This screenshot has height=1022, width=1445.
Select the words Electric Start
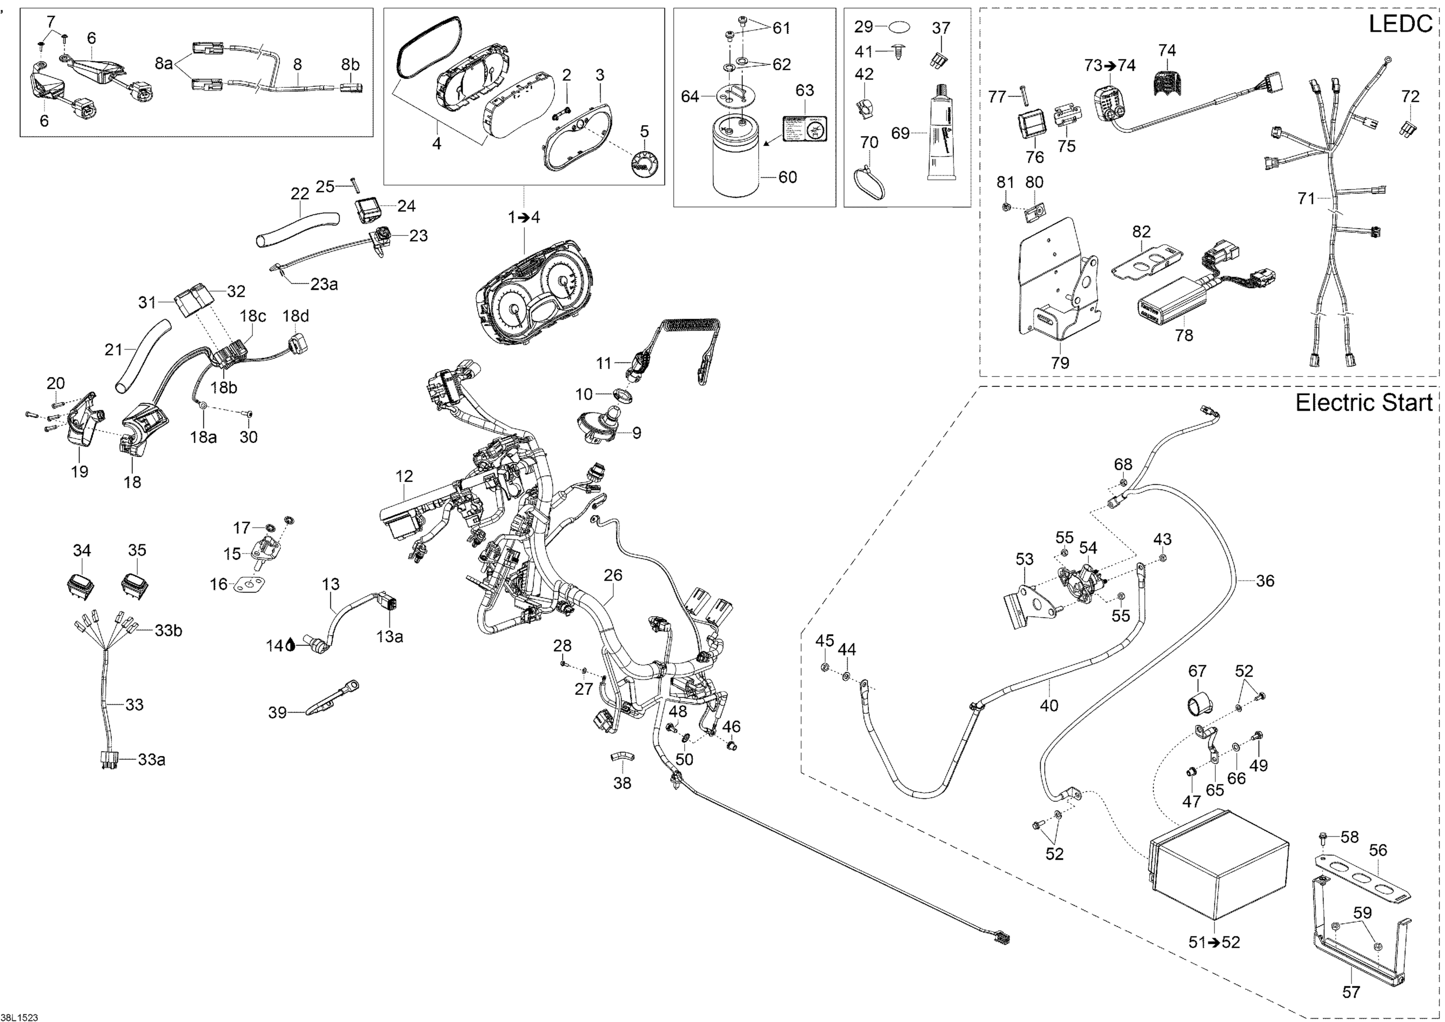click(1363, 403)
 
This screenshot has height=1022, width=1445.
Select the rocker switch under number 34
click(80, 585)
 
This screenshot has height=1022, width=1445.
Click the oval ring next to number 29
click(899, 28)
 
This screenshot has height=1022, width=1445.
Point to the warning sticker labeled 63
click(804, 132)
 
